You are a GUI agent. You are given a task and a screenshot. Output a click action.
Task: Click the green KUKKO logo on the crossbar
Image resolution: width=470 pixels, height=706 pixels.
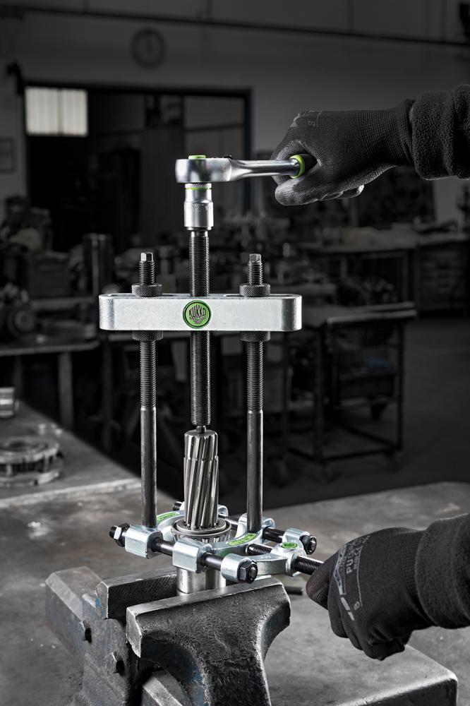coord(197,314)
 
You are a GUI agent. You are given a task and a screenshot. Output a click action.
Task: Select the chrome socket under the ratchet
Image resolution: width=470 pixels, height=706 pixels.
coord(198,207)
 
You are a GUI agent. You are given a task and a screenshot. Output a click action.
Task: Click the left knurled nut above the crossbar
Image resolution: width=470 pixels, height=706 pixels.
coord(147,289)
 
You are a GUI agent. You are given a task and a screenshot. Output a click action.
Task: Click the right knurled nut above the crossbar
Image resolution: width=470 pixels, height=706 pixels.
coord(254,289)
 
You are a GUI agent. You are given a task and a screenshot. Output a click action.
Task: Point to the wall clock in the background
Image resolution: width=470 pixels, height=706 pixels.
coord(148,48)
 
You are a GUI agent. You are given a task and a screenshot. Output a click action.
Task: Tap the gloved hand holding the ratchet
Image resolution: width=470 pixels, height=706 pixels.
coord(339,152)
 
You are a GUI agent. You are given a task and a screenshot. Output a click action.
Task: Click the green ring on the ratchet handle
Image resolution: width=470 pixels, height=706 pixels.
coord(299,166)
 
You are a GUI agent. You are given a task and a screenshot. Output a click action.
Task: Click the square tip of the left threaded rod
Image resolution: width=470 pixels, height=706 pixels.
coord(146,258)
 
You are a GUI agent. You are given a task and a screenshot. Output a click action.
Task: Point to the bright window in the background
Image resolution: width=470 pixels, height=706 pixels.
coord(56,112)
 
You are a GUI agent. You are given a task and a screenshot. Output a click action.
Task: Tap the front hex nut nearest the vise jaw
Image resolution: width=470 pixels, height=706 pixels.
coord(246,570)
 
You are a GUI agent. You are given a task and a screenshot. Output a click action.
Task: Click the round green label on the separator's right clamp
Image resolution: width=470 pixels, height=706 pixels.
coord(289,545)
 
